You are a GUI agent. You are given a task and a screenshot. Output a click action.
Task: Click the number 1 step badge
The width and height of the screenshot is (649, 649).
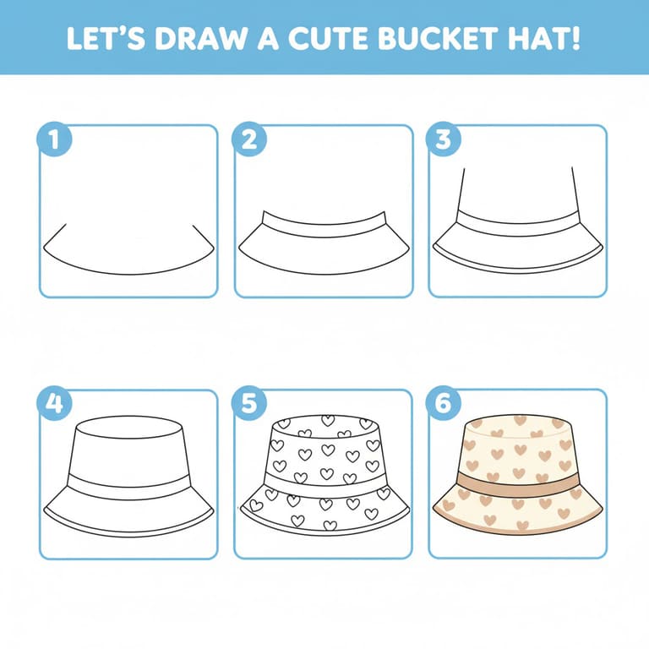coord(54,139)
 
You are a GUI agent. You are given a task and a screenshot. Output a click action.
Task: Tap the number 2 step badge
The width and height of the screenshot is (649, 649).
coord(249,139)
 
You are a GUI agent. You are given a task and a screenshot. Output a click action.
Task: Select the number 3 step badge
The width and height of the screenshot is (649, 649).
coord(444,139)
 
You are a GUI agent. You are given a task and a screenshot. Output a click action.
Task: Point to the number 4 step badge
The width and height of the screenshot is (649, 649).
coord(54,403)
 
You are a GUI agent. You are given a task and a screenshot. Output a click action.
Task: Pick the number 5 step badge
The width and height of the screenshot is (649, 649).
coord(249,403)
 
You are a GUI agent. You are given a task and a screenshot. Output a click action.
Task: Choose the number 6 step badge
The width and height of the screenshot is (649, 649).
coord(444,403)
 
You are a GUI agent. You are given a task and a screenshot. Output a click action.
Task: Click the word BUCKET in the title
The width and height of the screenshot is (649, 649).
coord(438,39)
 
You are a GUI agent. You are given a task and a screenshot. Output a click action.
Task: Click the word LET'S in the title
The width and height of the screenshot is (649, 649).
coord(106,39)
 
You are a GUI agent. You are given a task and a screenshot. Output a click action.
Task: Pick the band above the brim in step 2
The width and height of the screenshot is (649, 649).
coord(324,226)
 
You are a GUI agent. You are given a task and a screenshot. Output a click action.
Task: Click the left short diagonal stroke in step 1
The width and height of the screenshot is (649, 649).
coord(55,236)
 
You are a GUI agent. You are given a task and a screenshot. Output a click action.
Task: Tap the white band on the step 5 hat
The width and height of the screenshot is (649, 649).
coord(324,486)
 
